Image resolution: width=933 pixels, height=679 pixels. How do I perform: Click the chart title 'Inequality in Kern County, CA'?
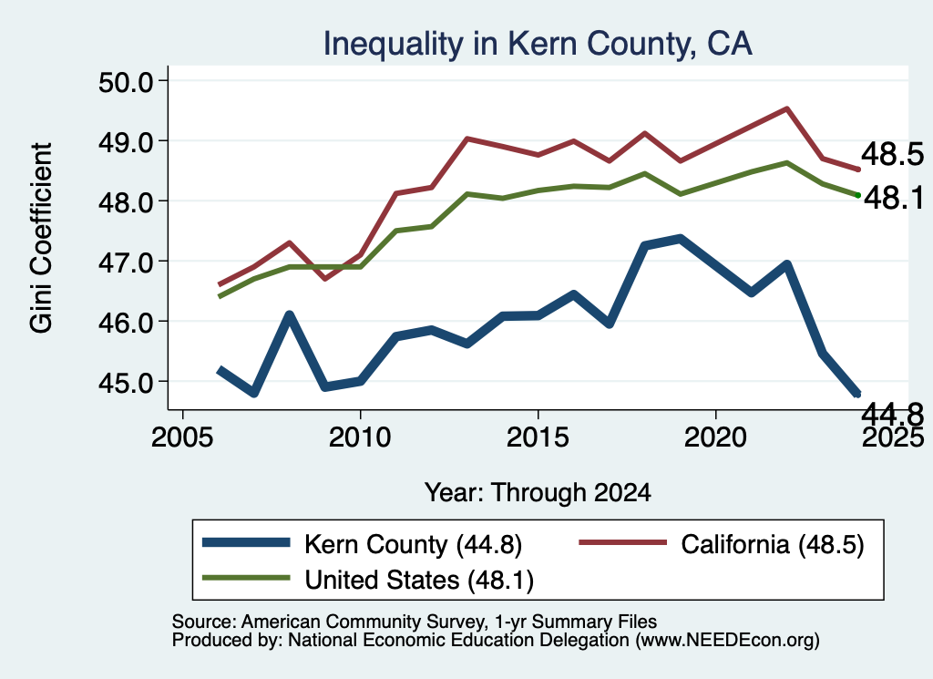pos(538,44)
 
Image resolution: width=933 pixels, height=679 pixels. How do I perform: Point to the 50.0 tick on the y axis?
pos(126,81)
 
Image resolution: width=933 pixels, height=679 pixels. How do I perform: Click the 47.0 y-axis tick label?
pos(126,262)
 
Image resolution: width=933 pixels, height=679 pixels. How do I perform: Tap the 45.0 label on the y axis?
pos(126,382)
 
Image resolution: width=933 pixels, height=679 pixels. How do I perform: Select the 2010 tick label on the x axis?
pos(359,437)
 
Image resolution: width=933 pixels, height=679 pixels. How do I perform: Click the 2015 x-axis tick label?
pos(538,437)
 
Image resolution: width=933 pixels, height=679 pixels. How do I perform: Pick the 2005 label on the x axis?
pos(182,437)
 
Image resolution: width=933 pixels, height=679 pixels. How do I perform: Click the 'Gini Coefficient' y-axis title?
pos(42,238)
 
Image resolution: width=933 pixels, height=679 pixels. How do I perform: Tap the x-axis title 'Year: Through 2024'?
pos(538,493)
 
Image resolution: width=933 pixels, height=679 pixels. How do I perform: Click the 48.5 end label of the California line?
pos(893,154)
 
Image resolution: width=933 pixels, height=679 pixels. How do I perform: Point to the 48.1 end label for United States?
pos(894,198)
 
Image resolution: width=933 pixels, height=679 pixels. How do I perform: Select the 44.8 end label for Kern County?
pos(893,414)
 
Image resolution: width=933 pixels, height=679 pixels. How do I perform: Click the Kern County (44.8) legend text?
pos(413,544)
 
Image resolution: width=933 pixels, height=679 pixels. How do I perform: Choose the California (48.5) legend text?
pos(773,544)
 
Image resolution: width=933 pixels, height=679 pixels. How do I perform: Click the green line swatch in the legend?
pos(246,578)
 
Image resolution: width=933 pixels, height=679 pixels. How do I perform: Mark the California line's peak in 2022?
pos(786,108)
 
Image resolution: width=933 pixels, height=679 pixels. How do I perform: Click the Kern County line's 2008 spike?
pos(289,315)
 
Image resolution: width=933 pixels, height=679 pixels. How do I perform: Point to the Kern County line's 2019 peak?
pos(680,239)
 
